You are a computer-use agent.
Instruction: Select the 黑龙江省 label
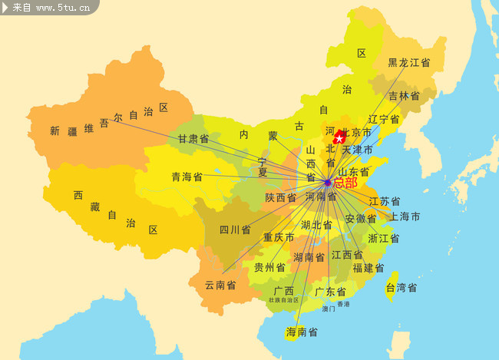point(408,63)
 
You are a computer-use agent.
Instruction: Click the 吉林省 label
point(404,96)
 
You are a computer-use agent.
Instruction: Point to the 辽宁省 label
point(383,120)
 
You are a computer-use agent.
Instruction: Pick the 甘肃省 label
point(193,139)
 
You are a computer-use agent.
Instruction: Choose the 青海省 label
point(187,177)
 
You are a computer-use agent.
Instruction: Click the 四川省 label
point(235,230)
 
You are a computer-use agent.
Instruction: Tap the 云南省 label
point(220,285)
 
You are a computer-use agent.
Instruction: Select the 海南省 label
point(302,332)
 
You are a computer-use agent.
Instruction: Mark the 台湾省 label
point(401,288)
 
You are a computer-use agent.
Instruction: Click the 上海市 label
point(405,217)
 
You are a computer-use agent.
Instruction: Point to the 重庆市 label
point(279,237)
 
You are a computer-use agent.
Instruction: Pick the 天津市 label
point(357,149)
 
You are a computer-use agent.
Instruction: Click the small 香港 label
point(343,304)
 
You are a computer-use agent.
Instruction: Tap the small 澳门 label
point(329,309)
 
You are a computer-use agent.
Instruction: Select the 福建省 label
point(368,268)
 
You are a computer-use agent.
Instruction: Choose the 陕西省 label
point(281,198)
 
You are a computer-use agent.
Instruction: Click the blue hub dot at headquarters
point(328,183)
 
